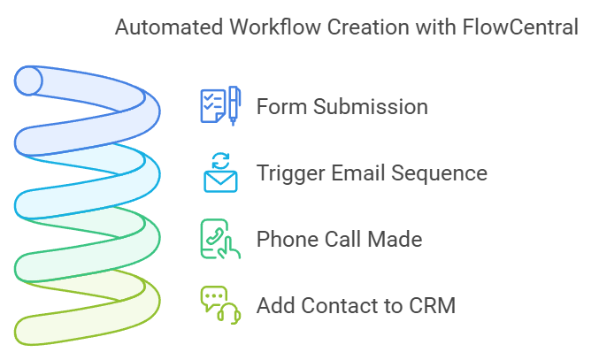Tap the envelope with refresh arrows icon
[x=220, y=172]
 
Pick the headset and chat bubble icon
[x=220, y=305]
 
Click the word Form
[x=278, y=107]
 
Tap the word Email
[x=357, y=173]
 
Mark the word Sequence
[x=442, y=174]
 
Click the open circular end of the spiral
[x=29, y=81]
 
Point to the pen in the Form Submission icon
[x=233, y=105]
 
